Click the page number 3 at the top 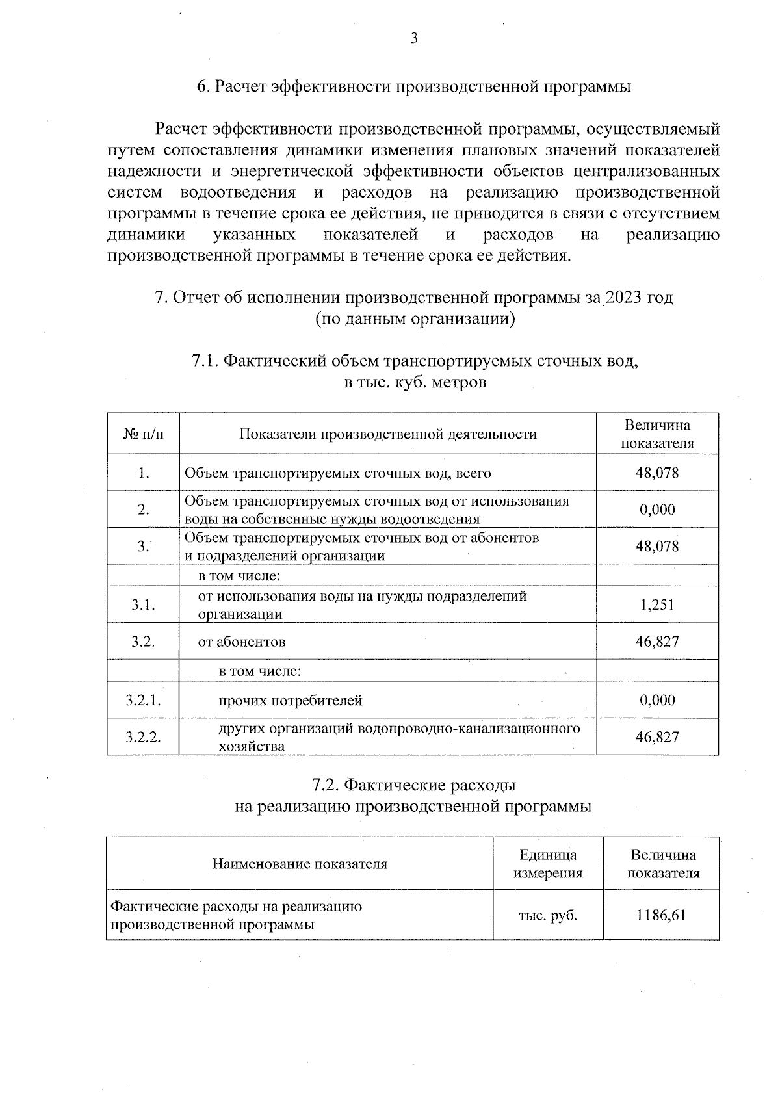coord(413,38)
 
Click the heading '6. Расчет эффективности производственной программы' coord(414,86)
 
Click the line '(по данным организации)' coord(415,319)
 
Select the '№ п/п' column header coord(143,434)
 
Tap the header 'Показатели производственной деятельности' coord(388,434)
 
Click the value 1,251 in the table coord(657,605)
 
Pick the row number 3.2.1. coord(143,701)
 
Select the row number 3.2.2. coord(143,737)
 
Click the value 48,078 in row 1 coord(657,473)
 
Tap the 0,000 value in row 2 coord(657,510)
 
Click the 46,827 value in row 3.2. coord(657,642)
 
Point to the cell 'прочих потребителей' coord(290,701)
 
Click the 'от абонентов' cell coord(242,642)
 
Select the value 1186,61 coord(661,915)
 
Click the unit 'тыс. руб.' coord(547,915)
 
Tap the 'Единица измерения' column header coord(547,864)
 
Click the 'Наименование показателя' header coord(299,864)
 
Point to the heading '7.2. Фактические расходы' coord(414,785)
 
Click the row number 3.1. coord(143,605)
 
